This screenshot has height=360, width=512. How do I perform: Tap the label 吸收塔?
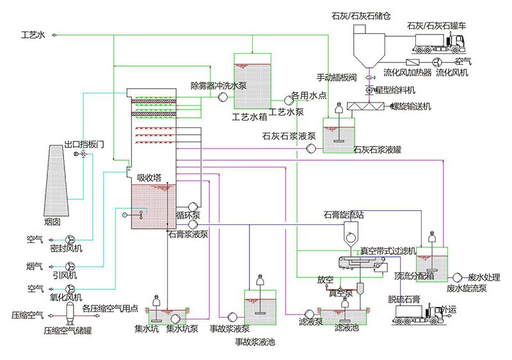point(149,177)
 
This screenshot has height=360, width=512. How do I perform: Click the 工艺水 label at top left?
point(33,35)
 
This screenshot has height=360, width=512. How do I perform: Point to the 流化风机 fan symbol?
point(438,61)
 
